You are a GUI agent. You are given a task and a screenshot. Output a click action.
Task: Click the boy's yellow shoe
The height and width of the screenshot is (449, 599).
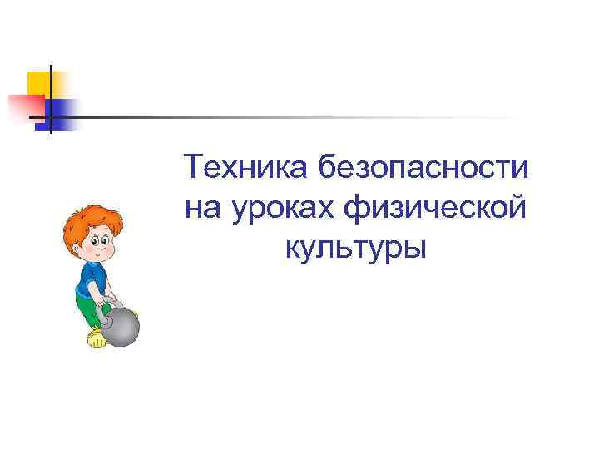click(x=97, y=338)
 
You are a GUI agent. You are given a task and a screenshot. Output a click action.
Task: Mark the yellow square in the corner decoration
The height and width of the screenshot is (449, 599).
click(x=38, y=82)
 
